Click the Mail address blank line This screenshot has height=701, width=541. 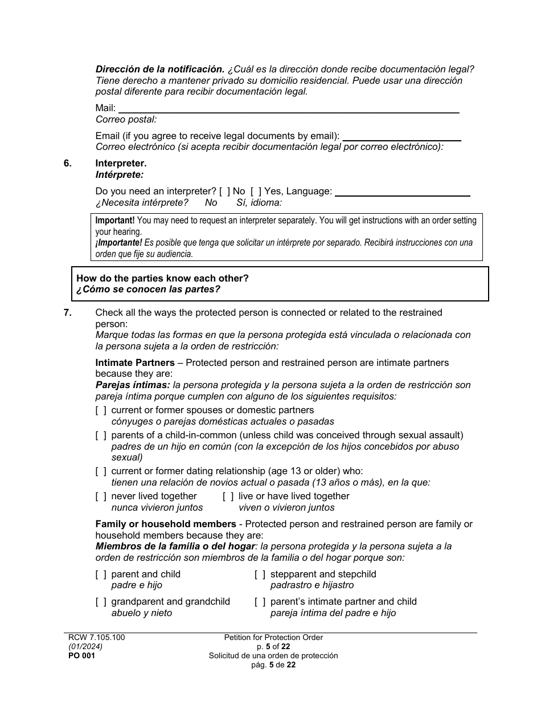pos(288,109)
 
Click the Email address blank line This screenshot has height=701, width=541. pos(401,136)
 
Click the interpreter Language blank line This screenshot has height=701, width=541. pos(402,192)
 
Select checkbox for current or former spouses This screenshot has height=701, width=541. pos(101,410)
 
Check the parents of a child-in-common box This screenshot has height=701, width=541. pos(101,435)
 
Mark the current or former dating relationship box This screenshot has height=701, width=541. pos(101,471)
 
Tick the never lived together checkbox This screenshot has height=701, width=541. pos(101,496)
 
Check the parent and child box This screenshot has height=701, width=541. pos(101,574)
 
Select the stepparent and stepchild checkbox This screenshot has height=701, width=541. pos(260,574)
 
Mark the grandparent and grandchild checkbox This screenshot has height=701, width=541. pos(101,602)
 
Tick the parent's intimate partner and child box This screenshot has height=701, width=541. pos(260,602)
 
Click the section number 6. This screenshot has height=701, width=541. pos(67,164)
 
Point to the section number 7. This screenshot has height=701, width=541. pos(67,313)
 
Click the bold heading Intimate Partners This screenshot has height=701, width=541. pos(135,363)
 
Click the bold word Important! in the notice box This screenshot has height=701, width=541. pos(115,221)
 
